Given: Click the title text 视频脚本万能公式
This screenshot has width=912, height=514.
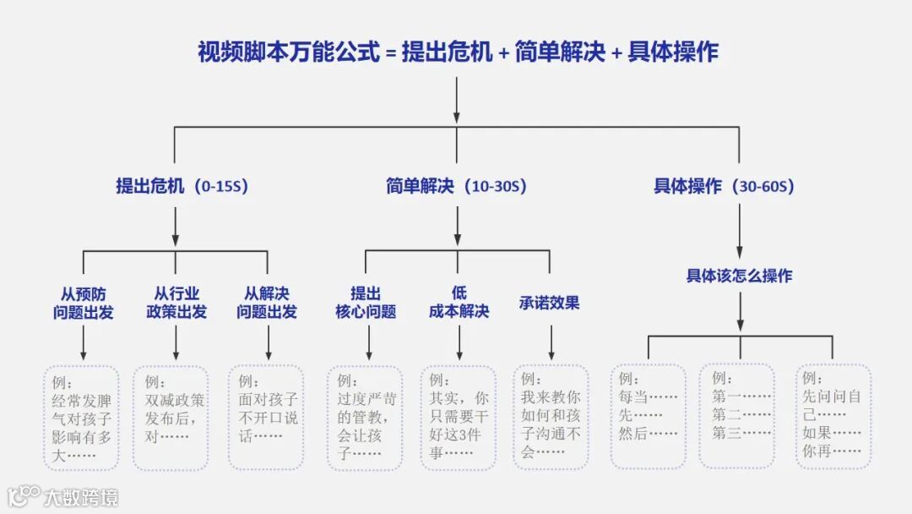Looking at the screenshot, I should tap(288, 52).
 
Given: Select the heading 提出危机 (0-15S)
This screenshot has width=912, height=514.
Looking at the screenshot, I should tap(182, 186).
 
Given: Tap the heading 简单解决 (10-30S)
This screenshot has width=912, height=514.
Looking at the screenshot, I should tap(456, 186).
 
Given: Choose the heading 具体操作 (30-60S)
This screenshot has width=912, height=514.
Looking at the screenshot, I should tap(724, 186).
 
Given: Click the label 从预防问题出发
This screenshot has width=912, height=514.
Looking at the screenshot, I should tap(84, 303).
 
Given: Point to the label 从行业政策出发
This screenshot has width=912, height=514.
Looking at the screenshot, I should tap(176, 303).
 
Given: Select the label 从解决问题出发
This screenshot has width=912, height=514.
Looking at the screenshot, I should tap(267, 303).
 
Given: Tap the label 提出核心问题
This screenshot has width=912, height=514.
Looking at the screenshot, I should tap(366, 303).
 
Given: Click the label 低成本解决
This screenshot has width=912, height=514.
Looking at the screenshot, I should tap(459, 303).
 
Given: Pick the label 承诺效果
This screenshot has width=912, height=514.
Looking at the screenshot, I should tap(550, 303).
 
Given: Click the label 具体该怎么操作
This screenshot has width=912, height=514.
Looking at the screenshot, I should tap(739, 276).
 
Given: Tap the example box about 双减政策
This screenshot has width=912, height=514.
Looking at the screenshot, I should tap(171, 418).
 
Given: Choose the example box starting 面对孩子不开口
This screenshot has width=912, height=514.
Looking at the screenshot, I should tap(265, 418).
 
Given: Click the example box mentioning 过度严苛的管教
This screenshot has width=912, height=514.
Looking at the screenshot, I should tap(365, 418).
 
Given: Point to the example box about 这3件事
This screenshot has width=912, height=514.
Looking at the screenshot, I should tap(459, 418).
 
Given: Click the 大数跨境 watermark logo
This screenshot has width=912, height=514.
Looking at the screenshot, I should tap(63, 495).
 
